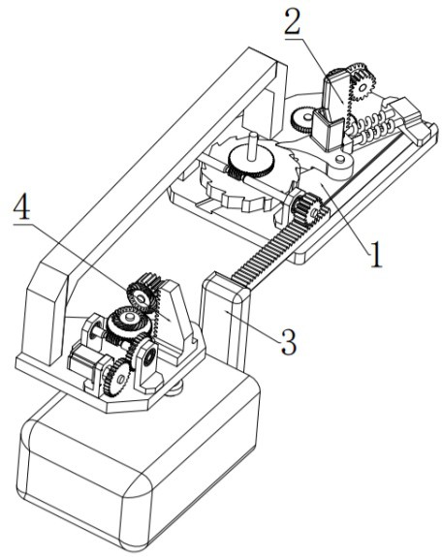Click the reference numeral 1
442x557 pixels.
click(376, 255)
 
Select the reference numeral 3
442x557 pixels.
click(288, 341)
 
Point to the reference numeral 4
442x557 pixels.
click(21, 207)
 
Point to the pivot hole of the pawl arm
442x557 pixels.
click(340, 159)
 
